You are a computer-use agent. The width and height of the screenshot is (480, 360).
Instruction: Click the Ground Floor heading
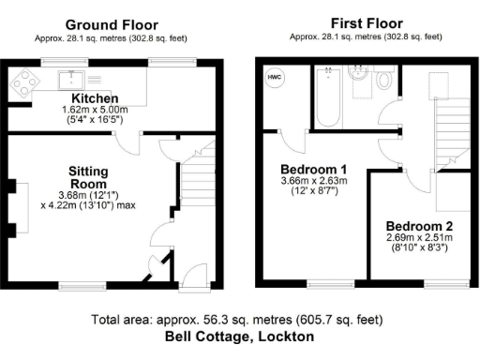[111, 25]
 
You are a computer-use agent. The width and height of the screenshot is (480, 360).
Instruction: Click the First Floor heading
[367, 23]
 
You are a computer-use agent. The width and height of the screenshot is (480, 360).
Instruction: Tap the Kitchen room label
[95, 97]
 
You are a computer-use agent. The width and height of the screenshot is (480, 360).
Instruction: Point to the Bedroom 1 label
[314, 169]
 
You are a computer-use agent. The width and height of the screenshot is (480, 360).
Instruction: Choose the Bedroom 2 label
[419, 226]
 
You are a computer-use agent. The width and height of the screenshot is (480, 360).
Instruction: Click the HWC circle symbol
[275, 78]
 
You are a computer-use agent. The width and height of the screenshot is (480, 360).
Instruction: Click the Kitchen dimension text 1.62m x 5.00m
[95, 110]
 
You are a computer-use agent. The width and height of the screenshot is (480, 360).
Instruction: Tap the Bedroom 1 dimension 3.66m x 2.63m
[314, 181]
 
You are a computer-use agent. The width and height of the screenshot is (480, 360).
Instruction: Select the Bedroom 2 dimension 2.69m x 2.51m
[419, 238]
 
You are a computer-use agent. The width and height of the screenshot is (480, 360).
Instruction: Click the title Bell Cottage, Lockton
[239, 336]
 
